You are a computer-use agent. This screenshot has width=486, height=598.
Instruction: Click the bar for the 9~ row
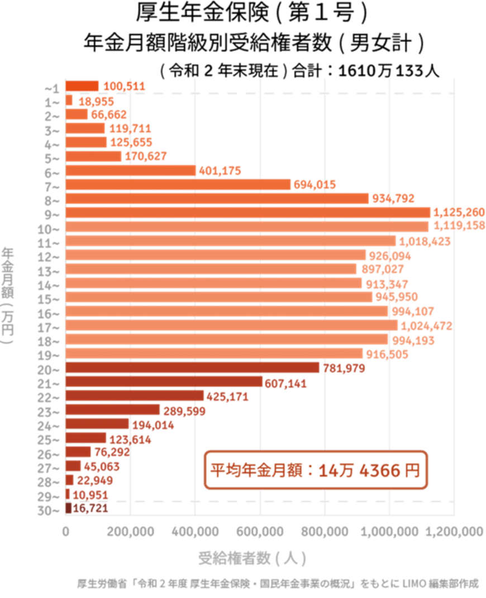(x=248, y=212)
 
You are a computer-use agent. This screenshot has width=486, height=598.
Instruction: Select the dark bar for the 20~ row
(x=192, y=367)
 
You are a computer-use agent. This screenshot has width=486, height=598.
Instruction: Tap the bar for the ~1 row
(x=82, y=85)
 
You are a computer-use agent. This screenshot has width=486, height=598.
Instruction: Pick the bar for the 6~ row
(x=131, y=170)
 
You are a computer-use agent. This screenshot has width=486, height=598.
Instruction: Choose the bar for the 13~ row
(x=211, y=269)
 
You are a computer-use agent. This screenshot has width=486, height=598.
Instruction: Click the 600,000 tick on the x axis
(x=260, y=532)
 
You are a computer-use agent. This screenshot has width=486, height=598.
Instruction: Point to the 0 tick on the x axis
(x=66, y=532)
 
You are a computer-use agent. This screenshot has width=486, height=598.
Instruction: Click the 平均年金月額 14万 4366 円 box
(x=315, y=470)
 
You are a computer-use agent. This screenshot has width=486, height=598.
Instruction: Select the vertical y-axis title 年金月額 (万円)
(x=8, y=296)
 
